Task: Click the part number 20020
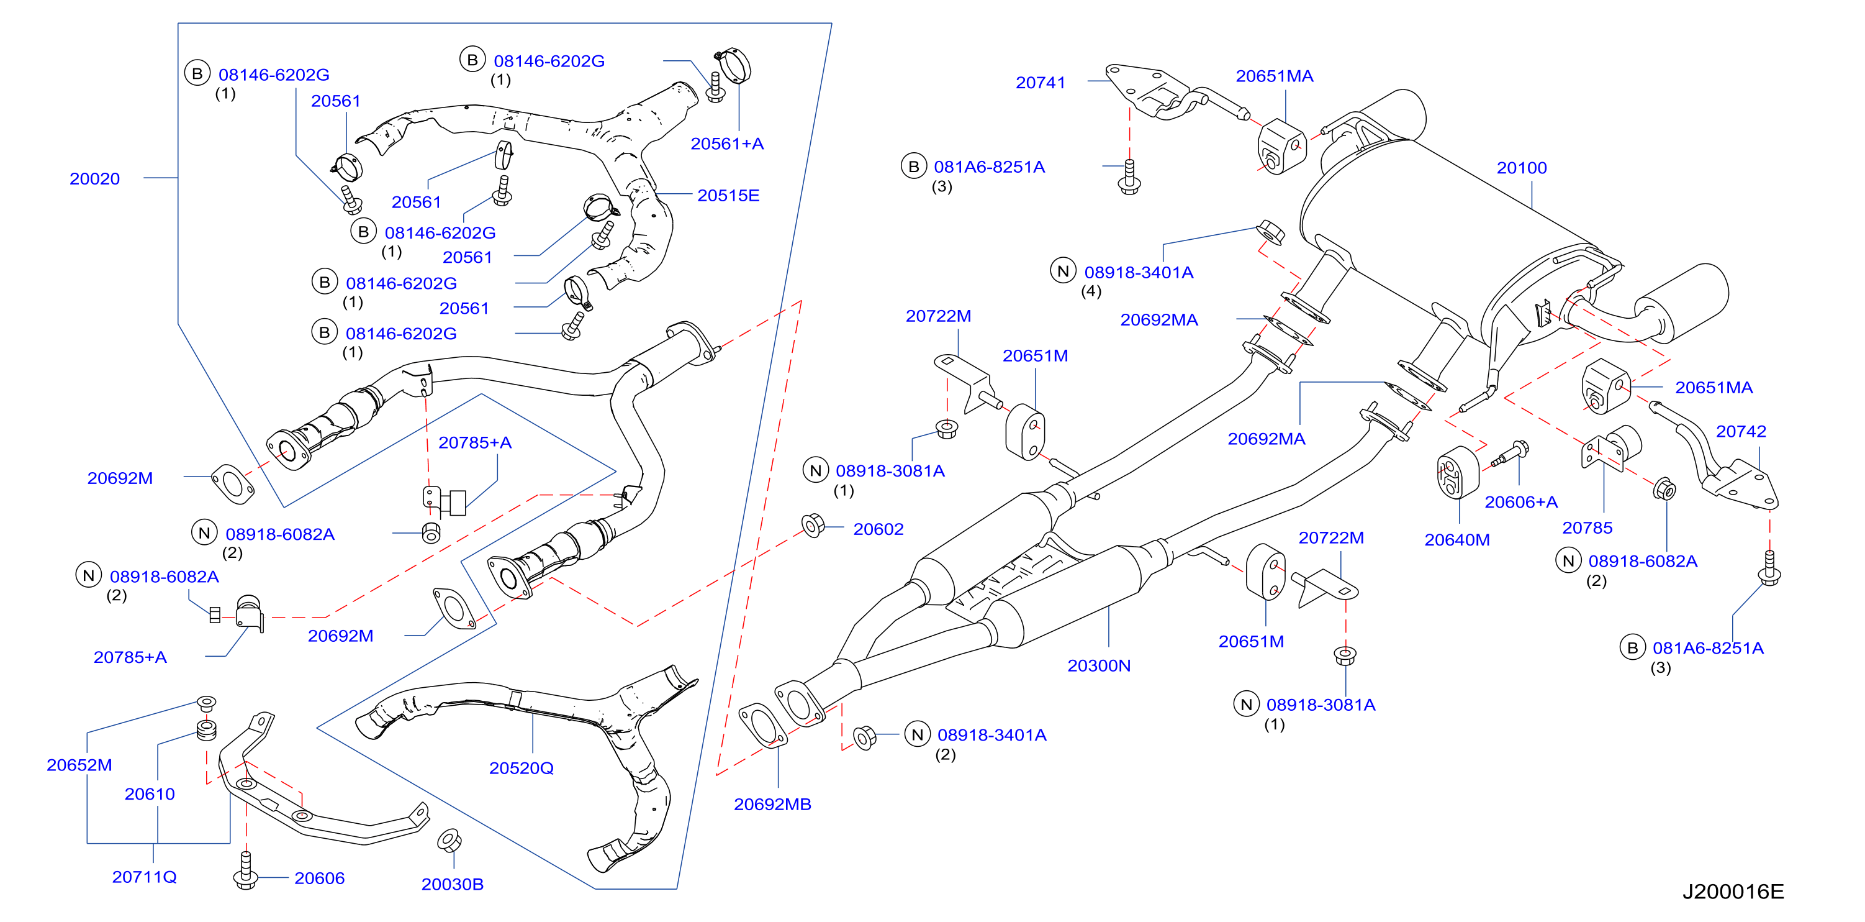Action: [x=95, y=179]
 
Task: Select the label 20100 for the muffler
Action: [x=1521, y=168]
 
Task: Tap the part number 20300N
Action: [x=1098, y=665]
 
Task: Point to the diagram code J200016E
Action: [x=1733, y=892]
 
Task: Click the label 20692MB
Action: [x=772, y=804]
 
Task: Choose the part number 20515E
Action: [x=728, y=196]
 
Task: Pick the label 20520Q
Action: [x=522, y=768]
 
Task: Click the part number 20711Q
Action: [x=144, y=877]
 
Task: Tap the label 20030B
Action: [x=453, y=883]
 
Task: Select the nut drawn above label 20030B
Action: [x=449, y=840]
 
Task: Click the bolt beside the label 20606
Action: [x=245, y=870]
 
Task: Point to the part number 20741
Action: [x=1041, y=83]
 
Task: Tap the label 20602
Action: [x=878, y=529]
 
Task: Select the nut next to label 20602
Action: [x=812, y=525]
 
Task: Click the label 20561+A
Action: [x=727, y=144]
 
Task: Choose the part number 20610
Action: [x=150, y=794]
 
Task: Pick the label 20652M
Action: [x=79, y=765]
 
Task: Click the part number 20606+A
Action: [x=1520, y=502]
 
